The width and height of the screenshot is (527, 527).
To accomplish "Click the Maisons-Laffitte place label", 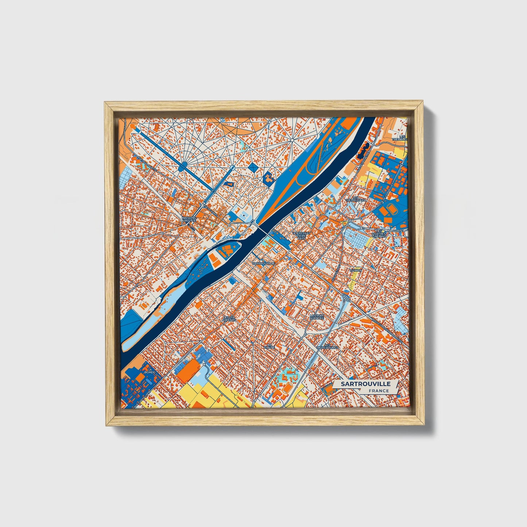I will tap(189, 219).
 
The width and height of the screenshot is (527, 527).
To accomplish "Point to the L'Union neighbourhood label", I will tap(355, 270).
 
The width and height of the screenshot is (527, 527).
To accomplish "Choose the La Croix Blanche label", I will tap(317, 317).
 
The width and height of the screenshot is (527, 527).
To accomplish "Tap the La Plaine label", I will tap(270, 345).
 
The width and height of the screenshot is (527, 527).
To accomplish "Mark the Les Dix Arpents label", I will tap(230, 318).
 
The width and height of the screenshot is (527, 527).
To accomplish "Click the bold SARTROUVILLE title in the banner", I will tap(365, 384).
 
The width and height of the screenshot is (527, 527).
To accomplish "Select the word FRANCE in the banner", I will tap(378, 391).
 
